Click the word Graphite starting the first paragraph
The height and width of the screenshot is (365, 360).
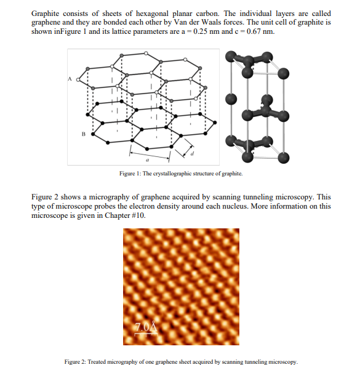point(46,14)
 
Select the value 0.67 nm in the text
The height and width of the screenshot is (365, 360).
point(256,32)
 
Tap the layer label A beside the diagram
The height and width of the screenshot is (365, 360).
point(70,78)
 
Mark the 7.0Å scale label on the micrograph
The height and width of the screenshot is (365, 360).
point(143,325)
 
